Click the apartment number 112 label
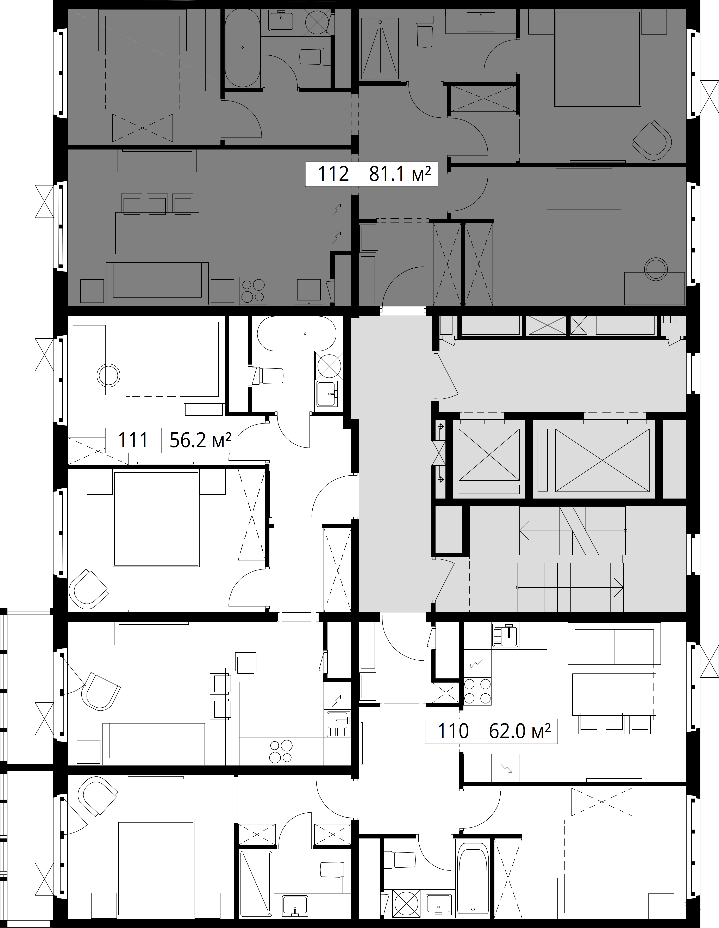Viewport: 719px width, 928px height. (333, 174)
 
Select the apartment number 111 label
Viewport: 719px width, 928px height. (133, 440)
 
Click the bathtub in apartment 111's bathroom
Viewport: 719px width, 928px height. (296, 334)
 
